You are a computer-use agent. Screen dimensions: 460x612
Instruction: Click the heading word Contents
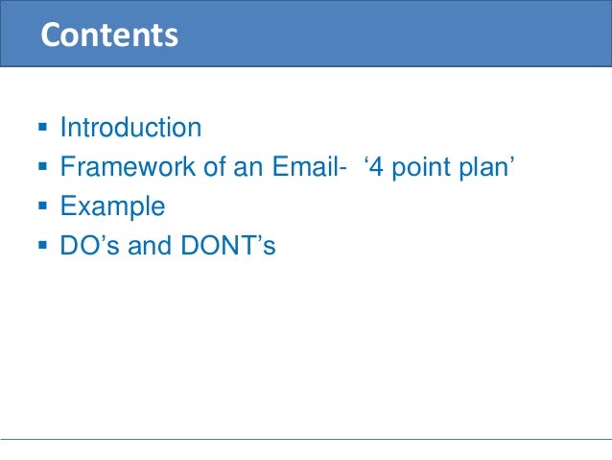108,35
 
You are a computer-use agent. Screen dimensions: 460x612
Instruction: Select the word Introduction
130,128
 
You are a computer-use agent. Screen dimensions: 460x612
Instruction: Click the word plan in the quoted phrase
488,168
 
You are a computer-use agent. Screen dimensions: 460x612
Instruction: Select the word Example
112,206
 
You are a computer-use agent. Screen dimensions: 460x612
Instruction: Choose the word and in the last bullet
150,246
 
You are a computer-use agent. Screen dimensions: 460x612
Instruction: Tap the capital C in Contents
52,35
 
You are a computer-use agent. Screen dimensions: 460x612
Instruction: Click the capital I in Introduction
63,128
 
